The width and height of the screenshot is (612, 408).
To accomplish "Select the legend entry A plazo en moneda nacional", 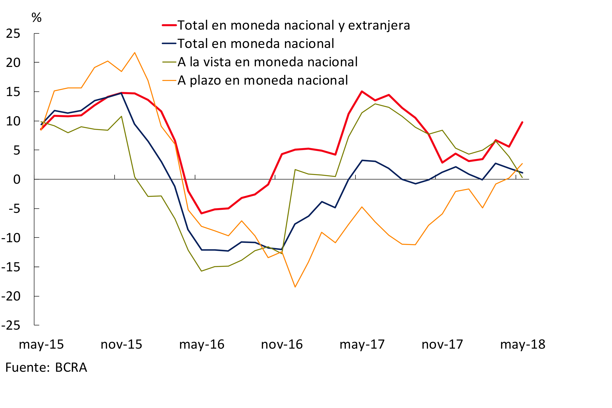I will click(263, 80).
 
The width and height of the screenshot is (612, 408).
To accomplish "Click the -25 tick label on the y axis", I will click(11, 326).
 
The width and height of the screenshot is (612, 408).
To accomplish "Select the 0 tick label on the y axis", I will click(17, 180).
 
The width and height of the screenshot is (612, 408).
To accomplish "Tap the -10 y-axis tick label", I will click(11, 238).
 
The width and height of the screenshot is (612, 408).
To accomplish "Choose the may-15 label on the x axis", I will click(41, 345).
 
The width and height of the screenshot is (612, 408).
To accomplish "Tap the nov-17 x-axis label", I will click(442, 345).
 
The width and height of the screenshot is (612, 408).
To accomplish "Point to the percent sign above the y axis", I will click(36, 18).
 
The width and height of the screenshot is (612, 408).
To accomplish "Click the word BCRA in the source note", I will click(71, 367).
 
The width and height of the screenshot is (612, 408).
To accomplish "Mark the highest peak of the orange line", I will click(134, 53).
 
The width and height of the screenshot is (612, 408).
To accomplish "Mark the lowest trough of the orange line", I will click(295, 287).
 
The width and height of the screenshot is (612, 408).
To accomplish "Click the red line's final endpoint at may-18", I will click(522, 122).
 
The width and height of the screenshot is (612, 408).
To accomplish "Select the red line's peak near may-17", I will click(362, 92).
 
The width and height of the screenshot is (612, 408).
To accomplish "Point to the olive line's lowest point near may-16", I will click(201, 271).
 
